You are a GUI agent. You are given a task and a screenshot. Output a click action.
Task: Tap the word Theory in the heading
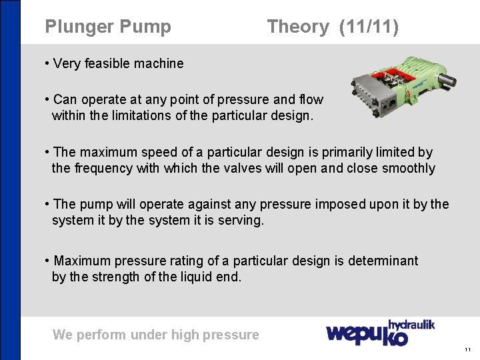coord(297,27)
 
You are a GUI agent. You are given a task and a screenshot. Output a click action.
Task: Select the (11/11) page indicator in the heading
coord(369,27)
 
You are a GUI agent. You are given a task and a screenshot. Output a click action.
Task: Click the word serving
coord(241,219)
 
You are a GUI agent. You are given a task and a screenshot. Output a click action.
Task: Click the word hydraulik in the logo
coord(411,325)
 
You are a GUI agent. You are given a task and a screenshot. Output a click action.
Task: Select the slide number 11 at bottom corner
coord(467,349)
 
